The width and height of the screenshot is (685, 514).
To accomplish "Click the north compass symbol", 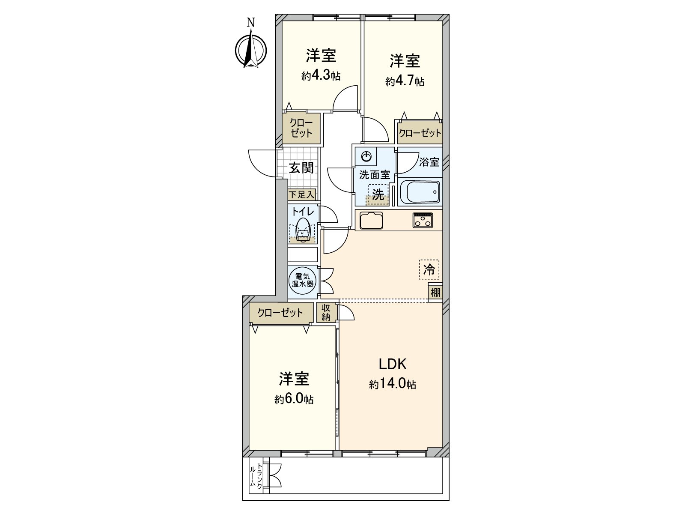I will [x=251, y=51].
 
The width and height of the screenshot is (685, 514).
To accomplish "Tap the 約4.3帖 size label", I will [x=321, y=76].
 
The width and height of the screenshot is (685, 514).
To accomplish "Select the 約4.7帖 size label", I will [x=405, y=81].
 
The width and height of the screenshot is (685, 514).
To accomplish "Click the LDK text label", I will [x=392, y=364].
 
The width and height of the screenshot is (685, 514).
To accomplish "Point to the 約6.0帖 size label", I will [x=294, y=399].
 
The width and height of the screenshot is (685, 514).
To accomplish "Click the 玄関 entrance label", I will [x=301, y=167].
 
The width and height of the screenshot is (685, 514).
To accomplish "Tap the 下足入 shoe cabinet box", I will [x=301, y=195].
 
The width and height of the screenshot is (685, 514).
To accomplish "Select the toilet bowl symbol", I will [x=303, y=230].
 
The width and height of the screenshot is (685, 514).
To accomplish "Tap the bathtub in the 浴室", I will [x=419, y=192].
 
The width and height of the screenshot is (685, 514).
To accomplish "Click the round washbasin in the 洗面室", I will [x=367, y=157].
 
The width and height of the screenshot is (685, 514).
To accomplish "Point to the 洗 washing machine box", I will [x=378, y=195].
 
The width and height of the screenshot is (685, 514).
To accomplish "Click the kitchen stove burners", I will [x=423, y=220].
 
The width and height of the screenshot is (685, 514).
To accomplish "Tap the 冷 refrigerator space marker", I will [x=429, y=270].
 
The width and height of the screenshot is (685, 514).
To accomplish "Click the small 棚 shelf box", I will [x=435, y=293].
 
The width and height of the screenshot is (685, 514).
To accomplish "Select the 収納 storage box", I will [x=326, y=312].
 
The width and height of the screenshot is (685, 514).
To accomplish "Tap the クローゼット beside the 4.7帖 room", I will [x=420, y=133].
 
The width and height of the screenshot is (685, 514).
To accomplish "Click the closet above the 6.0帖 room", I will [x=280, y=313].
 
